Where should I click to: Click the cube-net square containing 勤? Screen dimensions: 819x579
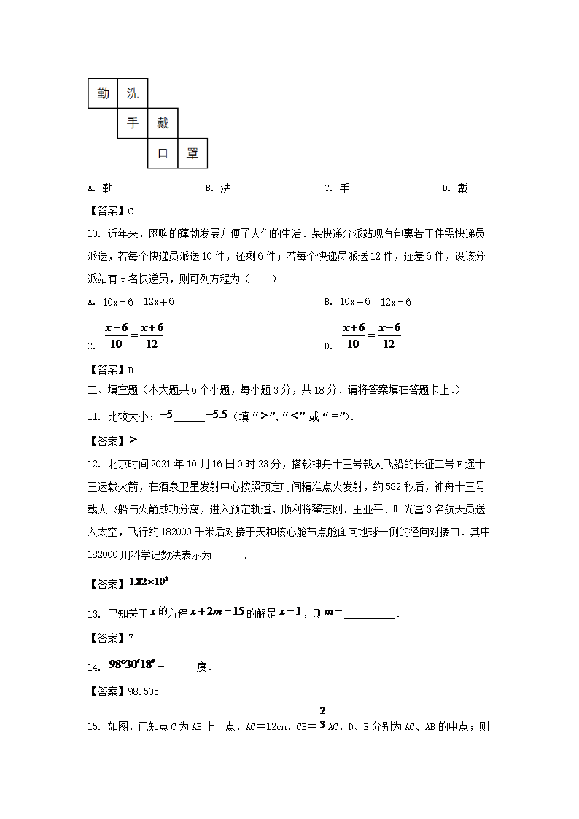coord(103,93)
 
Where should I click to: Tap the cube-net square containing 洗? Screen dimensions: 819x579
coord(133,93)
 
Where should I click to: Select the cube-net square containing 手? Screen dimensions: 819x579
coord(133,123)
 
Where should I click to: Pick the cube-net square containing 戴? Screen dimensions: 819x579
coord(163,123)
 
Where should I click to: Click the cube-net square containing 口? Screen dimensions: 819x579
coord(163,153)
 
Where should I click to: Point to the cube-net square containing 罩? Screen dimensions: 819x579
coord(193,153)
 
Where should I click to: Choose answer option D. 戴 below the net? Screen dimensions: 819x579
coord(455,188)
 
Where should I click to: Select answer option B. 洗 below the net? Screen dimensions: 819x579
coord(218,188)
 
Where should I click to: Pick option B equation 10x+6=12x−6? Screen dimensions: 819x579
coord(375,301)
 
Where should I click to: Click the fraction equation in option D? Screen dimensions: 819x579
coord(371,336)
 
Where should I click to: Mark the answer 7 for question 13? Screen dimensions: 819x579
coord(131,638)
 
